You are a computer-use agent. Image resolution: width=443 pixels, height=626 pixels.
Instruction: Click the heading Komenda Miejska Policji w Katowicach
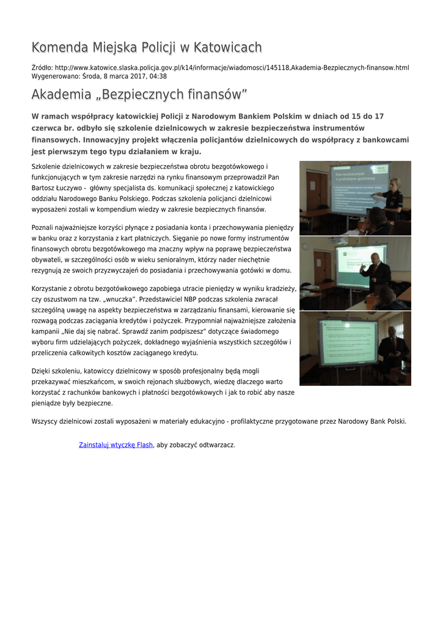pos(147,48)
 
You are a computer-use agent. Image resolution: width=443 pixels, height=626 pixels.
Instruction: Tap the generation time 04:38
pos(158,76)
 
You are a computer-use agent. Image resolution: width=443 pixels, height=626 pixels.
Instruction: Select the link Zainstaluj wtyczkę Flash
pos(115,445)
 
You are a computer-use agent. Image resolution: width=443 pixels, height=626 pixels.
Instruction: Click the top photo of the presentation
pos(355,197)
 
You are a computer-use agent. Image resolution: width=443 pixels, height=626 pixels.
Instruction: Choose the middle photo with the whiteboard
pos(355,273)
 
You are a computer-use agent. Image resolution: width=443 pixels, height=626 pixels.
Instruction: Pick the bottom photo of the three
pos(355,348)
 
